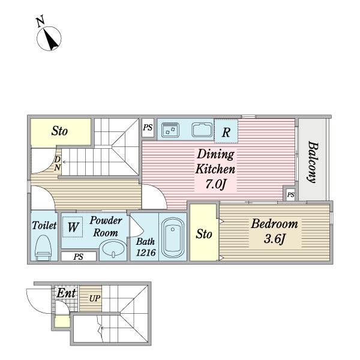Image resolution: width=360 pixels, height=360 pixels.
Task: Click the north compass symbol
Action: point(49,38)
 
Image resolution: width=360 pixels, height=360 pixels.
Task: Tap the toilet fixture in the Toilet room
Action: point(43,248)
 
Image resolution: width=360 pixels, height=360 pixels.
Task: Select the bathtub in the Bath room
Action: point(173,238)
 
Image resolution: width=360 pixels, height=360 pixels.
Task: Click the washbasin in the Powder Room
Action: point(113,250)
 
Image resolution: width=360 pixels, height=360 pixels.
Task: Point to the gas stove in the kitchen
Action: point(170,130)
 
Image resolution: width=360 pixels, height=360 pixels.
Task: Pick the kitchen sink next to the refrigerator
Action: point(202,130)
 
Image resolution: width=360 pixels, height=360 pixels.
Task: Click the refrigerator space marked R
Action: point(226,131)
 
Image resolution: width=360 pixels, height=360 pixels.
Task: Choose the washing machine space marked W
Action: point(73,227)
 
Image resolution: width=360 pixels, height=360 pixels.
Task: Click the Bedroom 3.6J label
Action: point(274,232)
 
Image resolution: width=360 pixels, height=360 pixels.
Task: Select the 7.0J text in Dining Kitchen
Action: point(215,184)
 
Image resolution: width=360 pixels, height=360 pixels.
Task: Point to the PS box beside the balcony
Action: point(290,194)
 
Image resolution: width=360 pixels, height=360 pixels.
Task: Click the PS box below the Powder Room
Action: point(79,256)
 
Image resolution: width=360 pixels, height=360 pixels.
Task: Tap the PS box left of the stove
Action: point(148,128)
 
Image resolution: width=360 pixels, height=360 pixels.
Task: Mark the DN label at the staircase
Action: point(58,163)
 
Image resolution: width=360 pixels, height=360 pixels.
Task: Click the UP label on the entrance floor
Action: point(95,298)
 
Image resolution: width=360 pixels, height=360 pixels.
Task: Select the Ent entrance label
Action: point(66,293)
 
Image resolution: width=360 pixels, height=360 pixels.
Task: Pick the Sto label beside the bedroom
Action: point(203,234)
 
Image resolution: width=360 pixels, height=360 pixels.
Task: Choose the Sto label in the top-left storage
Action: point(59,131)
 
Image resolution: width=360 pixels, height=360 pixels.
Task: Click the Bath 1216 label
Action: point(146,247)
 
